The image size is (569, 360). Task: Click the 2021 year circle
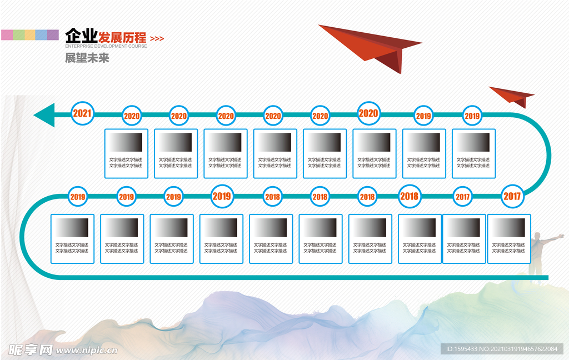[x=82, y=113]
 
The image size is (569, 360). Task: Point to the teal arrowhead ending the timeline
[x=44, y=115]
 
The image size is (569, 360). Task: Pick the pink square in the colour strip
[x=7, y=35]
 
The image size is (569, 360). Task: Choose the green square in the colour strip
[x=18, y=35]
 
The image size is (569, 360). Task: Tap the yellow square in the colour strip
[x=29, y=35]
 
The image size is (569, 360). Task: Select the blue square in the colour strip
[x=41, y=35]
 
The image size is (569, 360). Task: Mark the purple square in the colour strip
[x=53, y=35]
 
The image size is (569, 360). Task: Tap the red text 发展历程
[x=123, y=38]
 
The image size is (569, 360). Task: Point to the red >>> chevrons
[x=157, y=39]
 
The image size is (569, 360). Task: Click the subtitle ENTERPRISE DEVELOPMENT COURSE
[x=106, y=47]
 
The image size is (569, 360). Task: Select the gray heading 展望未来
[x=87, y=57]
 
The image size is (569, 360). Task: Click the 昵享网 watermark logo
[x=31, y=350]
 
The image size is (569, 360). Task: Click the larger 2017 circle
[x=512, y=196]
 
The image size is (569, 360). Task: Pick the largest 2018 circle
[x=409, y=196]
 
